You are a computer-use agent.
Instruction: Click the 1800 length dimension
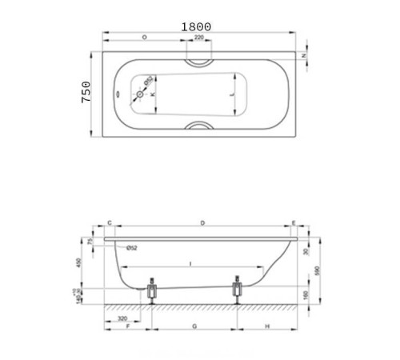[x=196, y=26]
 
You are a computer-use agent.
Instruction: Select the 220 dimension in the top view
[x=198, y=38]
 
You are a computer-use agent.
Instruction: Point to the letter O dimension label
[x=143, y=38]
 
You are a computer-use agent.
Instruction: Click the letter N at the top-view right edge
[x=305, y=55]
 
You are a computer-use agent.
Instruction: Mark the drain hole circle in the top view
[x=141, y=94]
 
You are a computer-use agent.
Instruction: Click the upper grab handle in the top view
[x=198, y=61]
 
